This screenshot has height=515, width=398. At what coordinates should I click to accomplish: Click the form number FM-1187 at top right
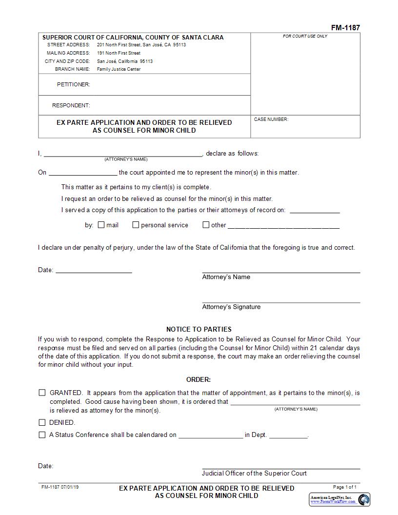click(345, 28)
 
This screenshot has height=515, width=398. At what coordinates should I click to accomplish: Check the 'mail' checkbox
click(101, 225)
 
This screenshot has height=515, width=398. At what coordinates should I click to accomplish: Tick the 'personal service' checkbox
click(136, 225)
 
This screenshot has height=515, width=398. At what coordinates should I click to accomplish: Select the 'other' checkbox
click(206, 225)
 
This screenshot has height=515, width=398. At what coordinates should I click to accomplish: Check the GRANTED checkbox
click(42, 393)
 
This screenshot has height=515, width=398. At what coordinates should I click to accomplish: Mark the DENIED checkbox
click(42, 422)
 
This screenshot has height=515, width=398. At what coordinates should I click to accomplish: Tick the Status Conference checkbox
click(42, 435)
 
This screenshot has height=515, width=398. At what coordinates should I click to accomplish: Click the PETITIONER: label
click(74, 84)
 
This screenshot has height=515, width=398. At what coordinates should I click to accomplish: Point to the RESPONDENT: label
click(71, 105)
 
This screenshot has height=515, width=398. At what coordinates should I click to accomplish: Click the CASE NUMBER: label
click(271, 119)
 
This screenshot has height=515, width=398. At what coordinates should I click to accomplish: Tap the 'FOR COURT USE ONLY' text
click(305, 37)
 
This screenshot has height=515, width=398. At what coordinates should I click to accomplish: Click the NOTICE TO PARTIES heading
click(199, 329)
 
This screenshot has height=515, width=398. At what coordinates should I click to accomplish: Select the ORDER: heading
click(199, 379)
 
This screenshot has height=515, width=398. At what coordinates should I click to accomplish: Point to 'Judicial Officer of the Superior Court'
click(254, 473)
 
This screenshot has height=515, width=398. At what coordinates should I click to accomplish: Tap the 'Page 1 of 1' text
click(344, 487)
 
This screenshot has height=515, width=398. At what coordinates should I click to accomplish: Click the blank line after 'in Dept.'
click(288, 435)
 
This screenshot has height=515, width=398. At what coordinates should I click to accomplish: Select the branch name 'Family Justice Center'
click(119, 69)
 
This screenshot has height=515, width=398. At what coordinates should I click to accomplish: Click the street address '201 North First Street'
click(119, 45)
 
